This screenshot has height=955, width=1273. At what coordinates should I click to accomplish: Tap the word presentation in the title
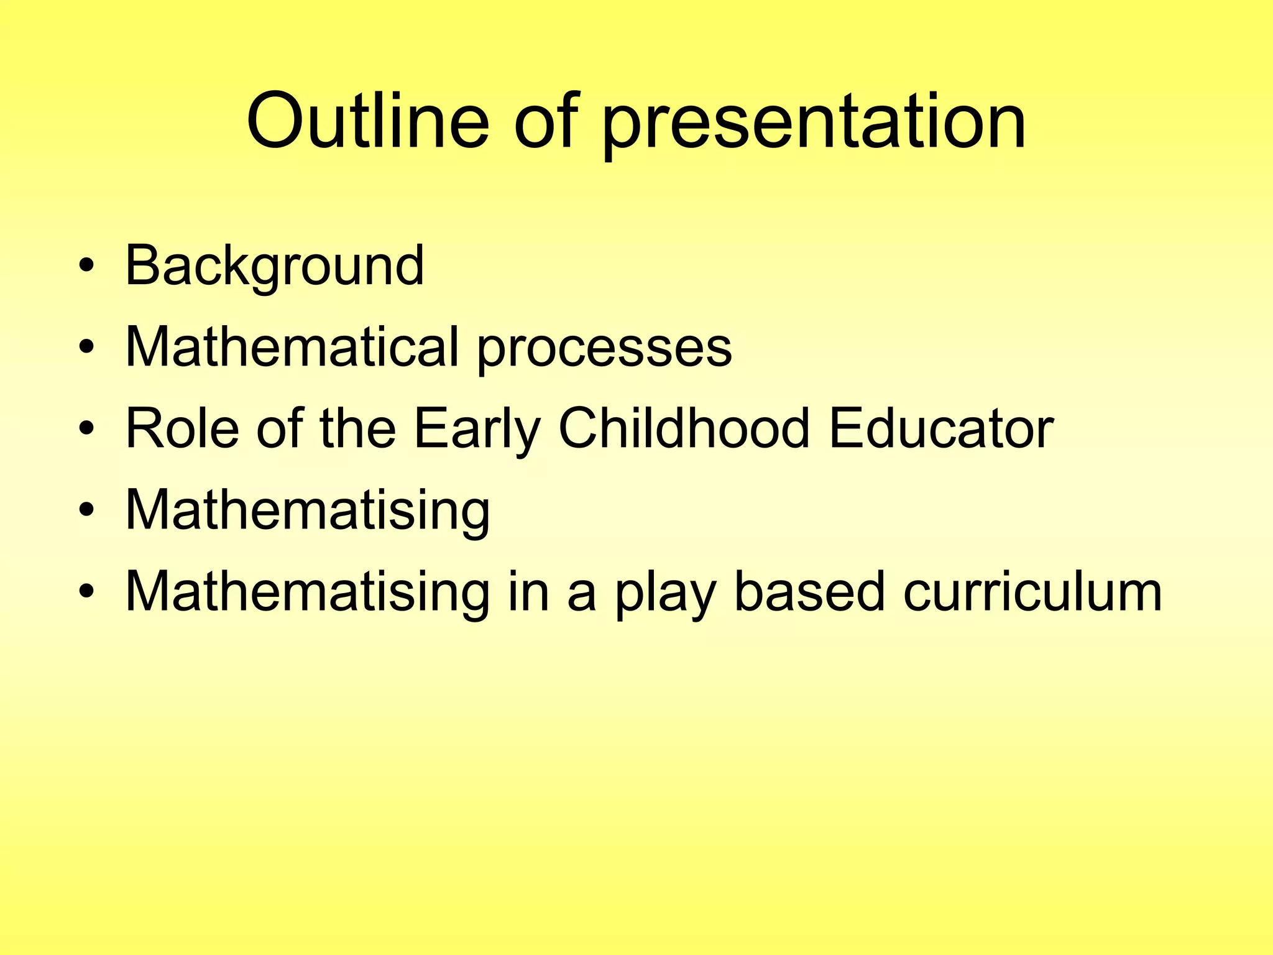click(814, 123)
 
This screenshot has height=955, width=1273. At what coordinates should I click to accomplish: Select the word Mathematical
click(292, 347)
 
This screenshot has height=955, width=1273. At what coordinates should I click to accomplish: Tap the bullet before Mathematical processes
click(87, 347)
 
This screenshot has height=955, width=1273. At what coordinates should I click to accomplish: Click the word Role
click(182, 428)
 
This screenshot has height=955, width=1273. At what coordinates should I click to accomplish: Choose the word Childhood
click(684, 428)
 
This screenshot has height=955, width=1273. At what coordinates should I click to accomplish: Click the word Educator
click(941, 428)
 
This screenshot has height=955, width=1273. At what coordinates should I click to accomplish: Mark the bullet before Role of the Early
click(87, 428)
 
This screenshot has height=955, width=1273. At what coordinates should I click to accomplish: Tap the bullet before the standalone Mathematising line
click(87, 510)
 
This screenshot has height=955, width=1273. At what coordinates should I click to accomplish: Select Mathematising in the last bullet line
click(308, 593)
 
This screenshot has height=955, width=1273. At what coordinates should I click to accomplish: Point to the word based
click(809, 591)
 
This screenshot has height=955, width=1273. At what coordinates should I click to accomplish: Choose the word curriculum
click(1032, 591)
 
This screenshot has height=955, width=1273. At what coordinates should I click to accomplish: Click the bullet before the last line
click(87, 591)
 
